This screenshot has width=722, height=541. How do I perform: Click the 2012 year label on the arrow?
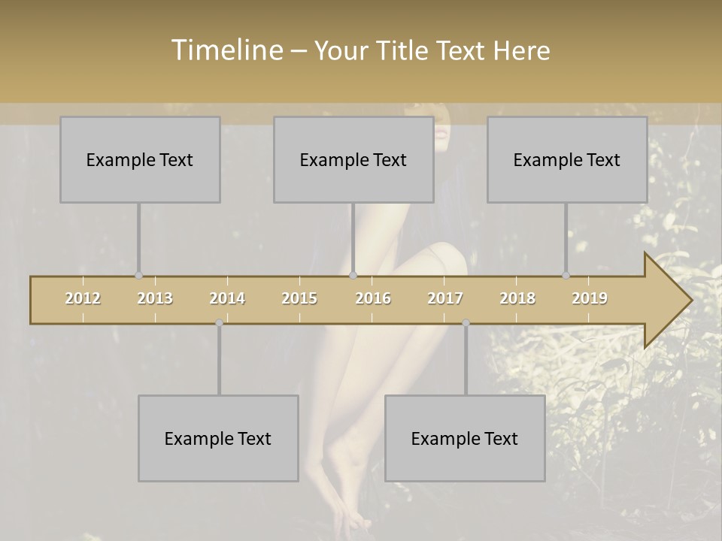(83, 298)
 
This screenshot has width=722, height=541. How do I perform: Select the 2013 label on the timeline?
(155, 298)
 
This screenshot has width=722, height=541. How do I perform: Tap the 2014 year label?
(227, 298)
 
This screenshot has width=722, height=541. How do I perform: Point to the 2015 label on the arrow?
(299, 298)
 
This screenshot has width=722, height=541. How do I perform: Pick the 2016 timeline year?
(373, 298)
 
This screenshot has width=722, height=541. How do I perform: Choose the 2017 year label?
(445, 298)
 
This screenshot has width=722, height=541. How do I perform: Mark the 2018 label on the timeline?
(517, 298)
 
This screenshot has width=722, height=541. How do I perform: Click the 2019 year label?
(590, 298)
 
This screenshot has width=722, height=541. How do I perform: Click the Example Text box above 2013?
(140, 159)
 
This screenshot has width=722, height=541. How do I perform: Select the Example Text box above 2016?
(353, 159)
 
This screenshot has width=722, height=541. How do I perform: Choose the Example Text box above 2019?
(567, 159)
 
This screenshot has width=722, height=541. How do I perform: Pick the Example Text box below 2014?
(218, 438)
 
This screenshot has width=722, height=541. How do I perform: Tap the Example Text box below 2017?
(465, 438)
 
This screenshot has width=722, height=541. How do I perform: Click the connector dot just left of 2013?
(138, 276)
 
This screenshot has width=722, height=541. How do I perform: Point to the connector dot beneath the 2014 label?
(219, 322)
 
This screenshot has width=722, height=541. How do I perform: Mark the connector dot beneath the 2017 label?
(466, 322)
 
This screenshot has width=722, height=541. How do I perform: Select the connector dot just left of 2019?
(566, 276)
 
